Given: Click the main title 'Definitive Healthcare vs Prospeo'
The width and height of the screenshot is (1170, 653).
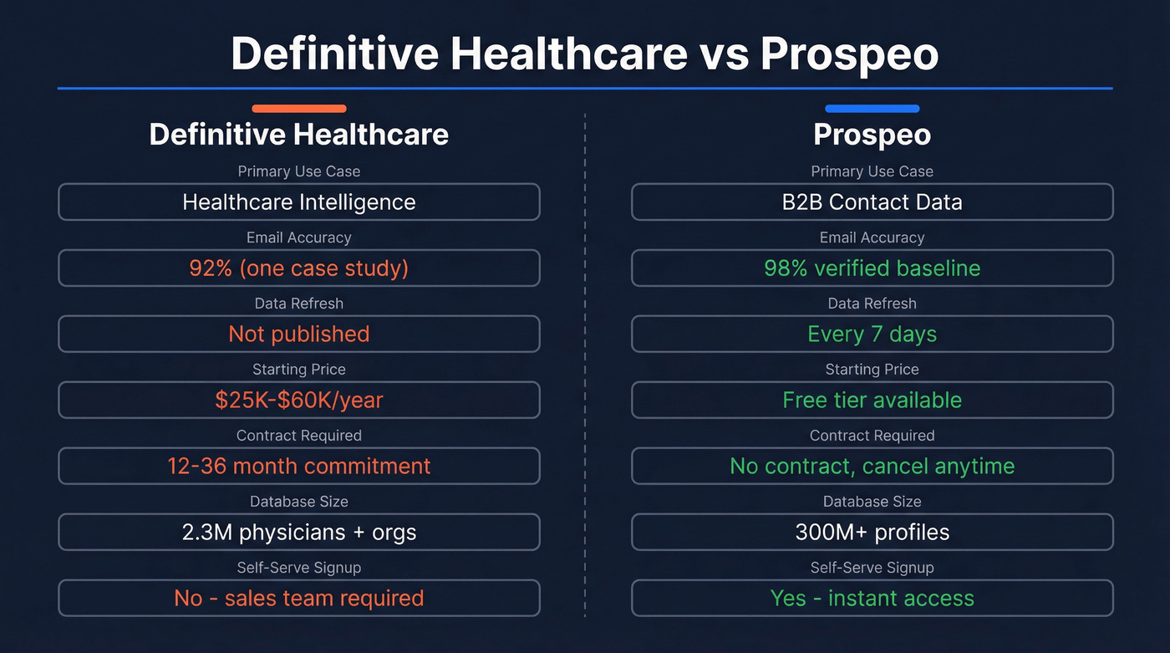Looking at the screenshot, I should tap(584, 54).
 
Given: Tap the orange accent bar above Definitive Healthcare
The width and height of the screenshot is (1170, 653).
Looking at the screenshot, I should tap(298, 108).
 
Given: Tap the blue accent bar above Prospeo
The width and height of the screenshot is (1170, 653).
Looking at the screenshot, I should tap(872, 108).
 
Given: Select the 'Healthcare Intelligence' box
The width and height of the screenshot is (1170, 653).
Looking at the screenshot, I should tap(298, 202).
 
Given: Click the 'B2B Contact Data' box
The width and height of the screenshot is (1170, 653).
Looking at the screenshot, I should tap(872, 202).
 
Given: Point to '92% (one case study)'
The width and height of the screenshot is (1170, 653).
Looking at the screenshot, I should tap(298, 268).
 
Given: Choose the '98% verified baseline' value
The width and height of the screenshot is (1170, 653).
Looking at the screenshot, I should tap(872, 268).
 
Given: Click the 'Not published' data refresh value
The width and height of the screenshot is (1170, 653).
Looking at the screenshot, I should tap(298, 334).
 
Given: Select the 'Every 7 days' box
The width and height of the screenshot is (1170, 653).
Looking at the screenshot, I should tap(872, 334).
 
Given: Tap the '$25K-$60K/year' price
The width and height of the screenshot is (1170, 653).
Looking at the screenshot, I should tap(298, 400).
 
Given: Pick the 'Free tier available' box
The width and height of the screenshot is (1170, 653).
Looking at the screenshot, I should tap(872, 400).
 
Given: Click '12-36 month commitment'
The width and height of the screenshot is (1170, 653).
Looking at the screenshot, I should tap(298, 467).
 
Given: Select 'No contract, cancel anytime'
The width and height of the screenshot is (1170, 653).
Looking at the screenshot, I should tap(872, 467).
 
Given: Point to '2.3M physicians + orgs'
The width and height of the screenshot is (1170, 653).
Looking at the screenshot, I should tap(298, 533).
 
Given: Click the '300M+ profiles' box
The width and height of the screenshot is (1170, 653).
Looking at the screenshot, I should tap(872, 533).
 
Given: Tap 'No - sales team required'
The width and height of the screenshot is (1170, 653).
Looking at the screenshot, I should tap(298, 599).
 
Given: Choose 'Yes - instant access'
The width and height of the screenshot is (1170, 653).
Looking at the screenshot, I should tap(872, 599).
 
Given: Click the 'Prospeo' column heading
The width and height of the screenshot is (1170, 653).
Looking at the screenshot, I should tap(872, 135).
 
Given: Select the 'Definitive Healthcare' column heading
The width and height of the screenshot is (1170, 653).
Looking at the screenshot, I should tap(298, 135).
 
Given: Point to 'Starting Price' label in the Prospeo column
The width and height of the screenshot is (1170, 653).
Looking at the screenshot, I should tap(872, 370).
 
